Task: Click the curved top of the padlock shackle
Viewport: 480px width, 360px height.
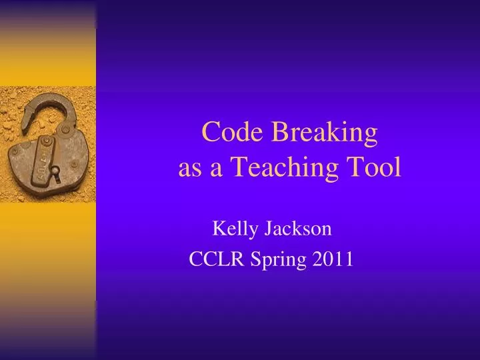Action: pyautogui.click(x=47, y=98)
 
